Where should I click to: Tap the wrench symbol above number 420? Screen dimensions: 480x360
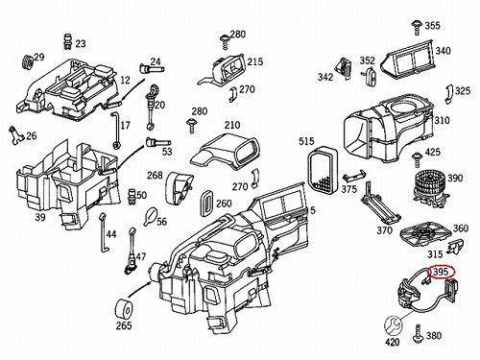click(393, 325)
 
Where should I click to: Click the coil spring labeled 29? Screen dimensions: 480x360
click(28, 63)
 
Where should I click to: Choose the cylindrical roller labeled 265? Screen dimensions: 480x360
click(124, 309)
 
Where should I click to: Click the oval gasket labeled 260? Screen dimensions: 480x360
click(207, 203)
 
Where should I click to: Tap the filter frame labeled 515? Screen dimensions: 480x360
click(323, 170)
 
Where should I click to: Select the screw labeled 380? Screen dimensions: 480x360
click(418, 334)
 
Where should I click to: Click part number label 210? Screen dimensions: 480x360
click(232, 125)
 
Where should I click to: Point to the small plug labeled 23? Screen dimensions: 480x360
click(67, 41)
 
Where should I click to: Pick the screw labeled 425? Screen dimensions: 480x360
click(417, 159)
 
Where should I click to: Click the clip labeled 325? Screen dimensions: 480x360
click(449, 94)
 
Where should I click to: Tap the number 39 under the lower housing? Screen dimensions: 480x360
click(40, 217)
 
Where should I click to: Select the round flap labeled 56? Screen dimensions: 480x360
click(151, 216)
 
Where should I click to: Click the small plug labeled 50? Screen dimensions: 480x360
click(132, 196)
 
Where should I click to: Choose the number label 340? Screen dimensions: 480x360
click(443, 51)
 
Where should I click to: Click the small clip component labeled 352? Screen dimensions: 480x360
click(371, 77)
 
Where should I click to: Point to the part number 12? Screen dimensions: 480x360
click(126, 80)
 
